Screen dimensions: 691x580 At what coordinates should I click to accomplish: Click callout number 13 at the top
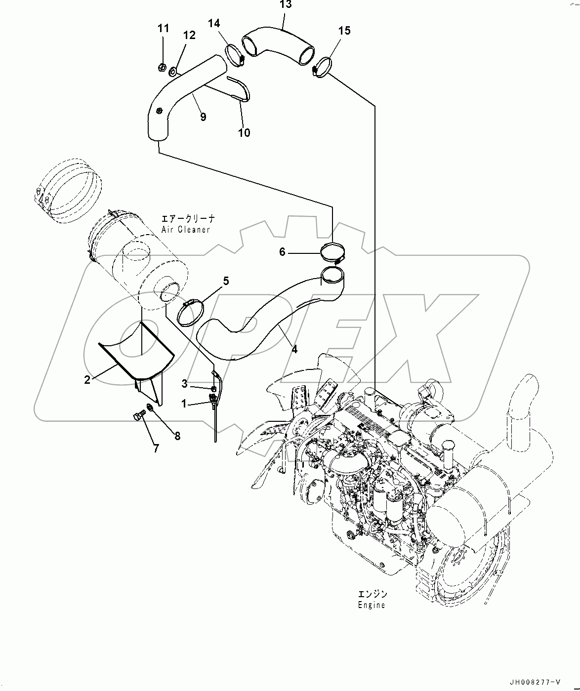pyautogui.click(x=286, y=5)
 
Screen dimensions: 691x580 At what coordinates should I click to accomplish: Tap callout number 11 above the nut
pyautogui.click(x=164, y=29)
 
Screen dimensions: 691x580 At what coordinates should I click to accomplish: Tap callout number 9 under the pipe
pyautogui.click(x=203, y=117)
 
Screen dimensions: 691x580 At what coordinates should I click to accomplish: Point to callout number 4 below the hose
pyautogui.click(x=294, y=349)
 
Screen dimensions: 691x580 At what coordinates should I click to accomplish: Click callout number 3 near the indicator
pyautogui.click(x=184, y=383)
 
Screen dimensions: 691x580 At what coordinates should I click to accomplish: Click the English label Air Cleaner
pyautogui.click(x=185, y=230)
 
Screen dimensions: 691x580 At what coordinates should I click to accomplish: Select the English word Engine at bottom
pyautogui.click(x=371, y=605)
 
